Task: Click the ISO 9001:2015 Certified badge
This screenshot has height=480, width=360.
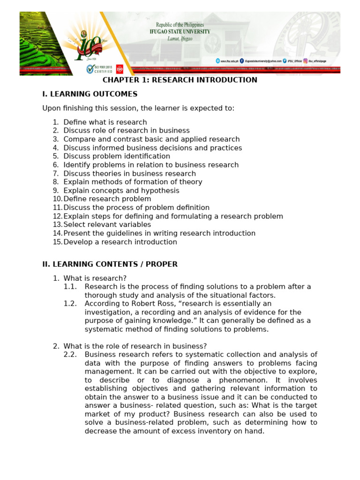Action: click(99, 69)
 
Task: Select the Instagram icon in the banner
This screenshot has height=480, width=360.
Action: click(305, 61)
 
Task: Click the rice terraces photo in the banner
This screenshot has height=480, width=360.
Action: click(40, 42)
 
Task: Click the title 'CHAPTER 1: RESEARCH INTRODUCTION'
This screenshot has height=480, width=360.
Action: click(180, 80)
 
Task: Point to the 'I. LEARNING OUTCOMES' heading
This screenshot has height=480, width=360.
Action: click(90, 94)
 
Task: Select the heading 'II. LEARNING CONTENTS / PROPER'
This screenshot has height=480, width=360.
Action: click(110, 264)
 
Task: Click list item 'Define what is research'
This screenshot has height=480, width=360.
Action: click(105, 122)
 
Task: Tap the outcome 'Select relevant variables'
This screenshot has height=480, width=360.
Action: click(107, 225)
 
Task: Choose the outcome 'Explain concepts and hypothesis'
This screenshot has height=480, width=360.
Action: click(121, 191)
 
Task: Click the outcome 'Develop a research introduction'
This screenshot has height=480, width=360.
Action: click(120, 242)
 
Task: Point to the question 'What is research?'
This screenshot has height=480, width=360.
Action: click(95, 278)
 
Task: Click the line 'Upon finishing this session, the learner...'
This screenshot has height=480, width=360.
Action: click(138, 108)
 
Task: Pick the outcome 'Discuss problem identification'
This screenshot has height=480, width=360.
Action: click(117, 157)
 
